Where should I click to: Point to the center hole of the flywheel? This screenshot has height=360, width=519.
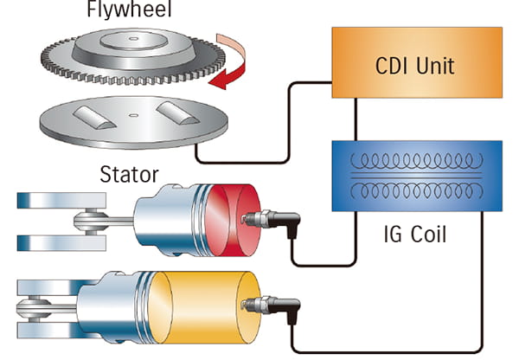pos(129,39)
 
